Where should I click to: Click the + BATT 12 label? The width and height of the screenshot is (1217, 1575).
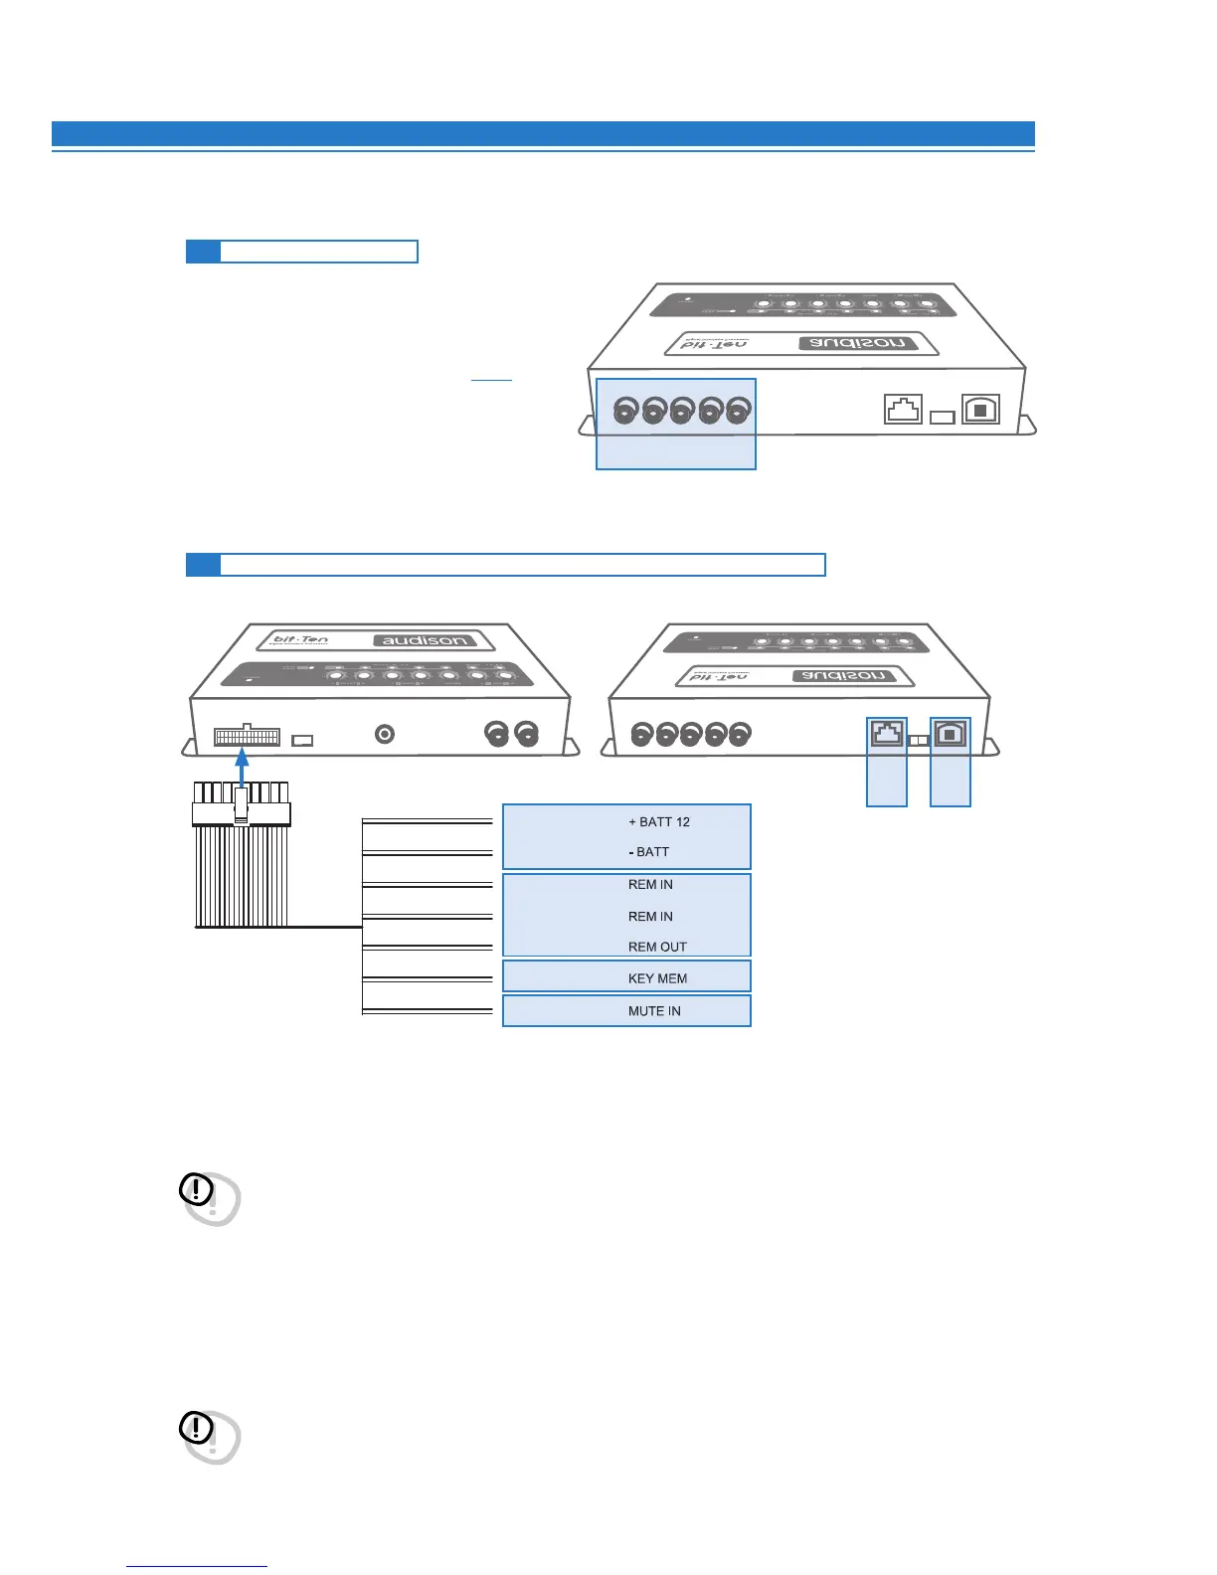click(x=658, y=822)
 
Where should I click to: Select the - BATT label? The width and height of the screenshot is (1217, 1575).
click(x=649, y=852)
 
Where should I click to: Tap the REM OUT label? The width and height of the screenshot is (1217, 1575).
click(x=657, y=947)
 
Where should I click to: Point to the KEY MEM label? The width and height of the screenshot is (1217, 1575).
click(x=657, y=978)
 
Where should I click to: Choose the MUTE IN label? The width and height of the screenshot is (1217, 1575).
click(x=654, y=1011)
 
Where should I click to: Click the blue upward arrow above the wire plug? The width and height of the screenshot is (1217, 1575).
click(x=241, y=772)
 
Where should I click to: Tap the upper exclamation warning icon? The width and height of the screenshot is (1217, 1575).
click(x=197, y=1188)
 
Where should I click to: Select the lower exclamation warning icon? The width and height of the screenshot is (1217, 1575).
click(x=197, y=1428)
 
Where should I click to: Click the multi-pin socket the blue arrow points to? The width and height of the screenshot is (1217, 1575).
click(x=247, y=737)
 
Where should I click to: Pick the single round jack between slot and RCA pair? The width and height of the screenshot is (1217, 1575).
click(x=385, y=734)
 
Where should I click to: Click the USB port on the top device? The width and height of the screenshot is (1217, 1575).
click(x=980, y=410)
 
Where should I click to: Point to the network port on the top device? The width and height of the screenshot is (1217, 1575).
click(x=903, y=409)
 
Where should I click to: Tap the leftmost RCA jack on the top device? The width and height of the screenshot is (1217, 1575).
click(x=625, y=410)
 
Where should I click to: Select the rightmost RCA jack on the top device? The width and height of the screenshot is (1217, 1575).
click(x=738, y=410)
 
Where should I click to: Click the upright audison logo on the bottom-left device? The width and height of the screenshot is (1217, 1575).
click(x=424, y=640)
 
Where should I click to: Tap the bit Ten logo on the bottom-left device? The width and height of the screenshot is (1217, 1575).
click(x=300, y=640)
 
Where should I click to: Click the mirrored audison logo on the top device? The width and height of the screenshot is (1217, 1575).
click(x=857, y=343)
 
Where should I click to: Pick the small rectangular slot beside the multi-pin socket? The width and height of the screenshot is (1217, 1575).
click(x=302, y=741)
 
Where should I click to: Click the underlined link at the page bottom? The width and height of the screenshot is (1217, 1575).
click(x=197, y=1566)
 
